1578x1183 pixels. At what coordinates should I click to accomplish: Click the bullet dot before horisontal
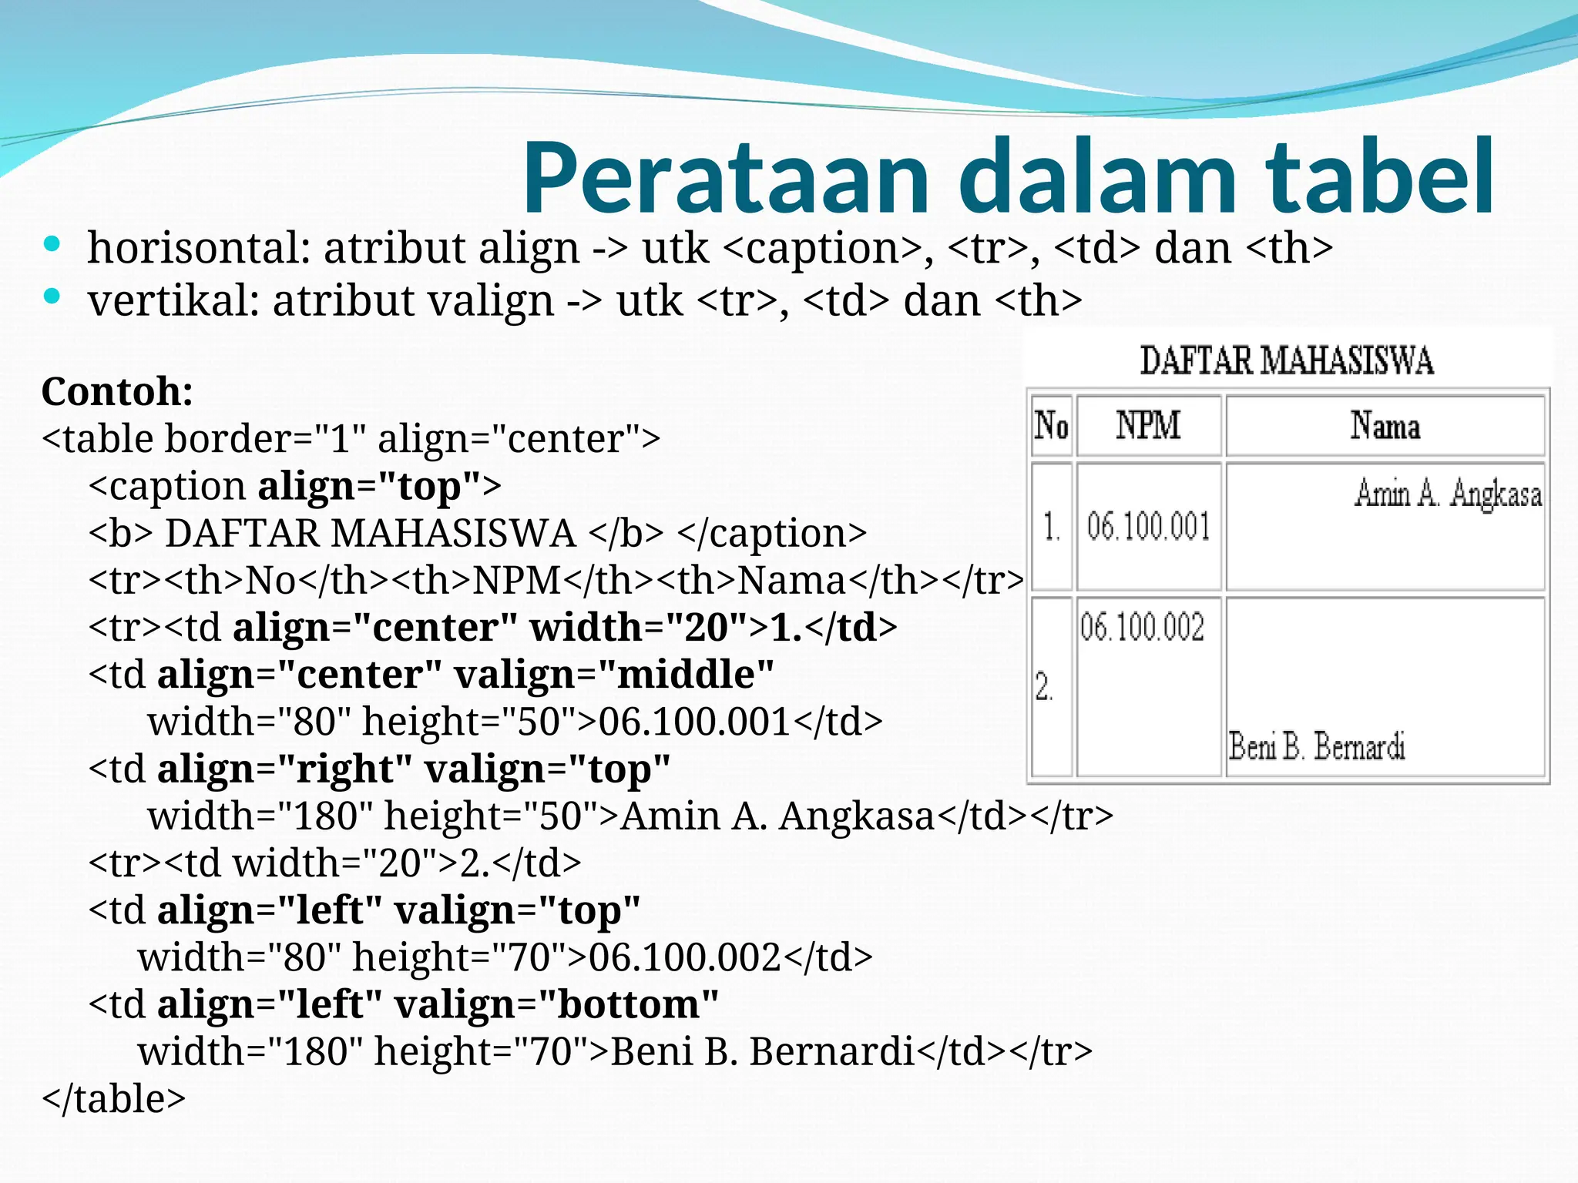tap(52, 245)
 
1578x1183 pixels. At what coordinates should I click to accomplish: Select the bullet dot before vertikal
tap(52, 297)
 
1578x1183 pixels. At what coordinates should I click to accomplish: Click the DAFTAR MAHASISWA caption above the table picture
tap(1286, 361)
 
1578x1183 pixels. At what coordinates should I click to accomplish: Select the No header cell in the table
tap(1051, 425)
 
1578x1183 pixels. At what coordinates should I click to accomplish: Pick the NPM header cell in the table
tap(1148, 425)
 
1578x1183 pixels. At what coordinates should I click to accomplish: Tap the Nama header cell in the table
tap(1385, 426)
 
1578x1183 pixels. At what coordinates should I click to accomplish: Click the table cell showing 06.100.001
tap(1148, 527)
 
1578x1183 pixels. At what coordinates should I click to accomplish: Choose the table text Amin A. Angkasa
tap(1448, 494)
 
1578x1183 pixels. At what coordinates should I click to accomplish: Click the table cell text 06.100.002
tap(1142, 627)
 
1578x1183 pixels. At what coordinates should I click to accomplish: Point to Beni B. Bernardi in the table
tap(1317, 746)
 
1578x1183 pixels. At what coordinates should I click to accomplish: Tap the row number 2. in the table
tap(1044, 686)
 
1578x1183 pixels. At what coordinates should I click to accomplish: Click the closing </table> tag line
tap(114, 1098)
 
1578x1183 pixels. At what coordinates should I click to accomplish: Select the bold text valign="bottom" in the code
tap(556, 1004)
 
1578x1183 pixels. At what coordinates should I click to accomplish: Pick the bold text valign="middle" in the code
tap(613, 675)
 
